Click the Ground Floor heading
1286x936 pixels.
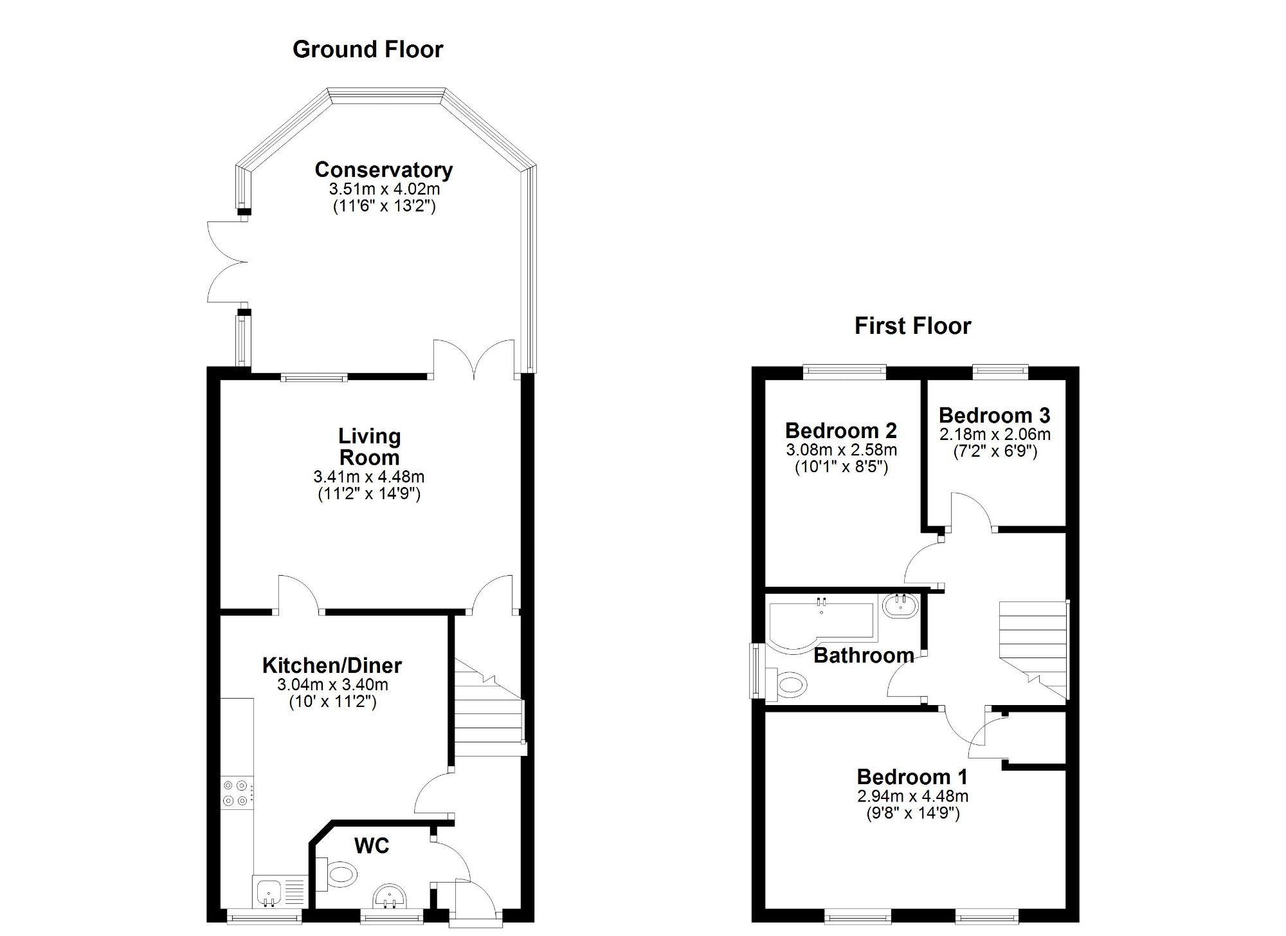click(x=367, y=50)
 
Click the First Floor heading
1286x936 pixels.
click(x=912, y=326)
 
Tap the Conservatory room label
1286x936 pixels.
click(x=383, y=170)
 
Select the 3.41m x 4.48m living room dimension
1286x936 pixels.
click(x=368, y=477)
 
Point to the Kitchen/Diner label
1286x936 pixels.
click(x=332, y=665)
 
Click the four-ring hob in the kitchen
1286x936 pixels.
click(x=235, y=793)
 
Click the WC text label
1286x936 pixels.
click(x=372, y=845)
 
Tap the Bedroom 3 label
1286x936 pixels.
click(x=994, y=416)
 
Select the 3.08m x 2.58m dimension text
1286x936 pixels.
click(x=841, y=450)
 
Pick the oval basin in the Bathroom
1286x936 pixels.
click(x=900, y=606)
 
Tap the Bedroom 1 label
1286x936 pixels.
click(x=912, y=777)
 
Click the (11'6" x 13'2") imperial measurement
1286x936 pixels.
click(x=384, y=206)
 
